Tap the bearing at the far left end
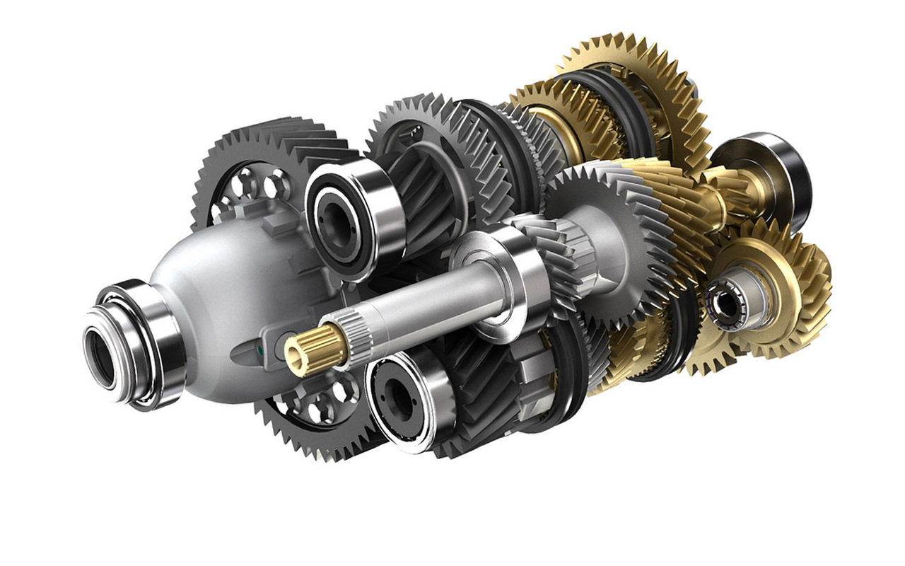(x=134, y=343)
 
